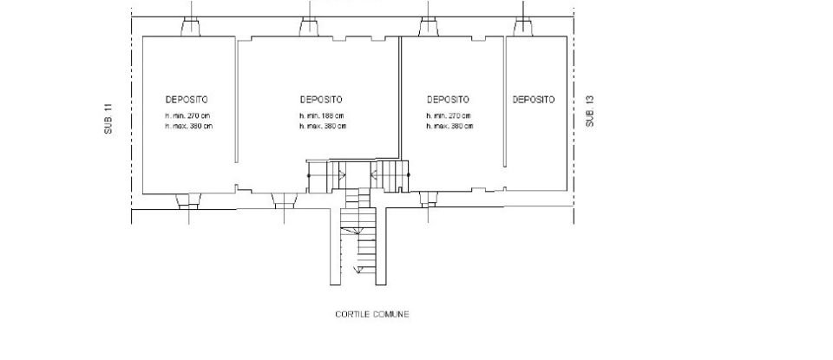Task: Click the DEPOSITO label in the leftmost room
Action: coord(187,100)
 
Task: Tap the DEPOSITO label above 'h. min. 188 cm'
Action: coord(321,100)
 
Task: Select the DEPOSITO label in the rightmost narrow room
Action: coord(534,100)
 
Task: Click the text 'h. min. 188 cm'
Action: coord(323,116)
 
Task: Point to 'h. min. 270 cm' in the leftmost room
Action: coord(188,116)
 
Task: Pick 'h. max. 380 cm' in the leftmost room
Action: coord(188,126)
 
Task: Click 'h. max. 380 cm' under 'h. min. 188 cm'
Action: coord(323,126)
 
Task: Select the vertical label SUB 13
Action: coord(590,112)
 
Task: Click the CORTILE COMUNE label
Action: coord(371,315)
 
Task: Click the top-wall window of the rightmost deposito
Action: coord(523,28)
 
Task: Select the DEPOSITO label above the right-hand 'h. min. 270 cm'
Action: coord(449,100)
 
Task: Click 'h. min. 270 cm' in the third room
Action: coord(449,116)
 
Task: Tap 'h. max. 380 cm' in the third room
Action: coord(449,126)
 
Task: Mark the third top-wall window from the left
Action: coord(427,28)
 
